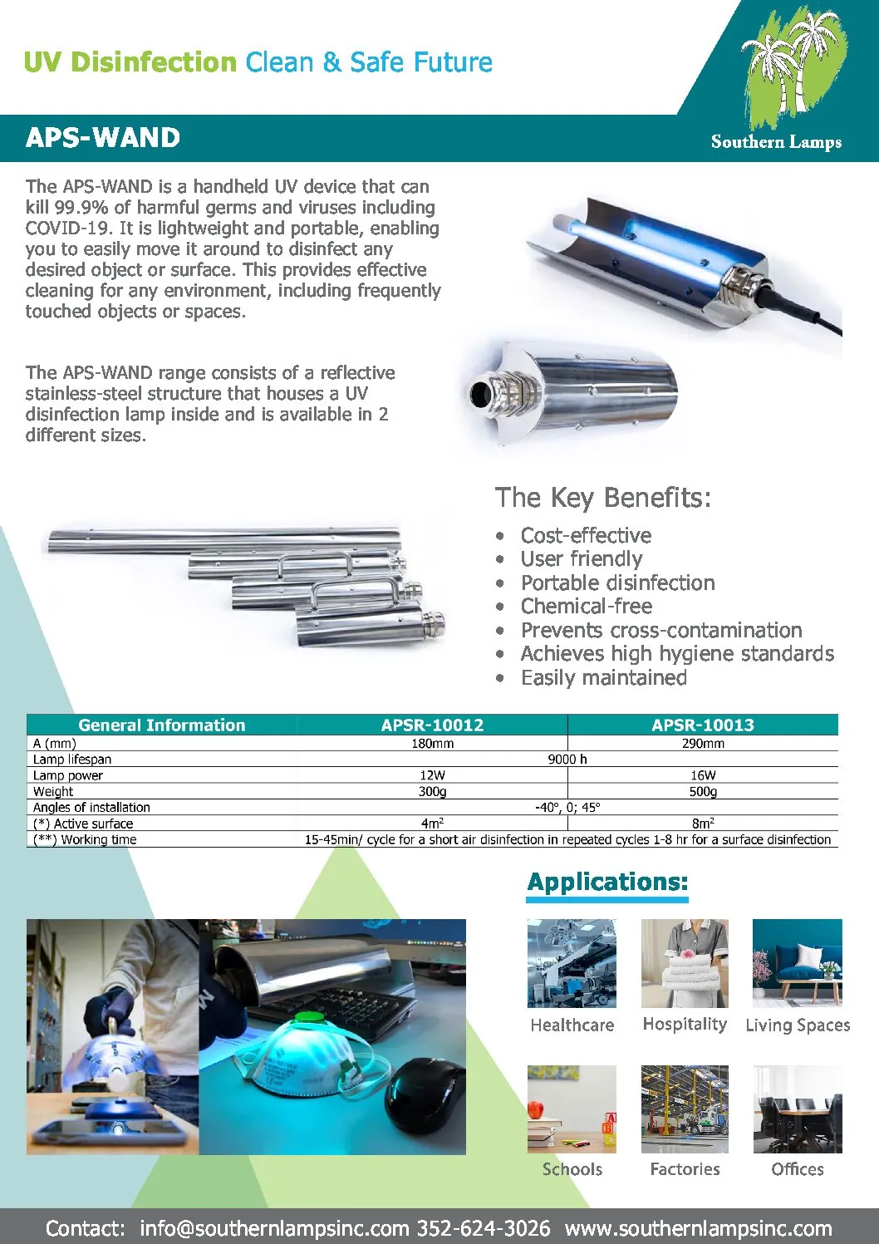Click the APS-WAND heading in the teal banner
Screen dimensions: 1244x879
pyautogui.click(x=103, y=138)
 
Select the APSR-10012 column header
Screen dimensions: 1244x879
pyautogui.click(x=432, y=725)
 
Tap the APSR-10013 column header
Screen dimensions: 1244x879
pyautogui.click(x=703, y=725)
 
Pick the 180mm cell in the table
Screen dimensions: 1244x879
pyautogui.click(x=432, y=743)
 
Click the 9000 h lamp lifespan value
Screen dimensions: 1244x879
pyautogui.click(x=567, y=759)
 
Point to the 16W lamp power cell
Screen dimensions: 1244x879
pyautogui.click(x=703, y=774)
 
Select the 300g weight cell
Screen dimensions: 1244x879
pyautogui.click(x=432, y=791)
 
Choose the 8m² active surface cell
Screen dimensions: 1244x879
pyautogui.click(x=703, y=824)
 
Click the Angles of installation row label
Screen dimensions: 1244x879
pyautogui.click(x=91, y=807)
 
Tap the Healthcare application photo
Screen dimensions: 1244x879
pyautogui.click(x=572, y=963)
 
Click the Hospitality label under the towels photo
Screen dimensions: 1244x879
pyautogui.click(x=685, y=1024)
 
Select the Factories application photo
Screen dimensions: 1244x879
pyautogui.click(x=685, y=1109)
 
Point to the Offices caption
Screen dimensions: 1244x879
pyautogui.click(x=798, y=1169)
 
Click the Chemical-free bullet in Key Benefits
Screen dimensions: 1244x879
pyautogui.click(x=586, y=606)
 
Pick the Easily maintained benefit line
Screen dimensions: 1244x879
pyautogui.click(x=603, y=677)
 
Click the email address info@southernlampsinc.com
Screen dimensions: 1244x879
pyautogui.click(x=274, y=1228)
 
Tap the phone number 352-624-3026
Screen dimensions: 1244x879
pyautogui.click(x=484, y=1228)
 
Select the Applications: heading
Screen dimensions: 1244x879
pyautogui.click(x=607, y=882)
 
